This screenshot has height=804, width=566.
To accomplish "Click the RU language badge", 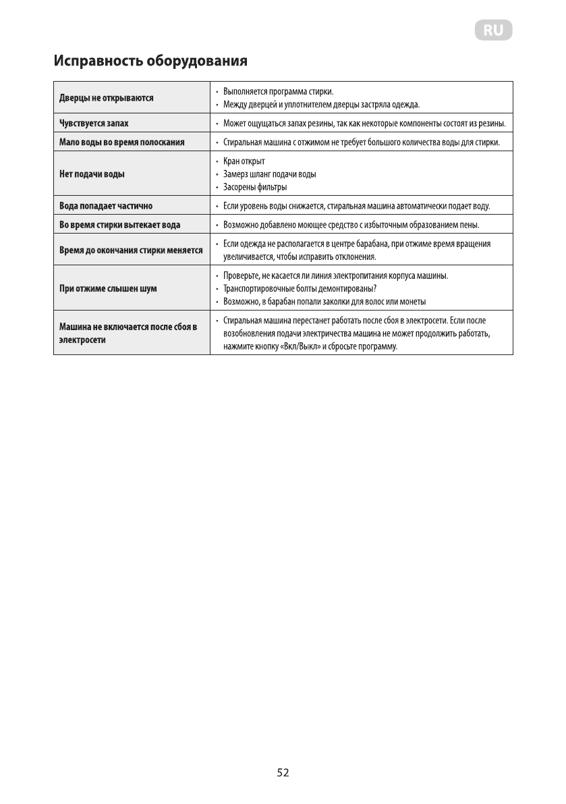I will point(494,30).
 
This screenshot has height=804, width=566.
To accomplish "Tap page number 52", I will point(283,772).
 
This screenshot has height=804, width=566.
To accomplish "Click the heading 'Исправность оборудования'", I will point(150,61).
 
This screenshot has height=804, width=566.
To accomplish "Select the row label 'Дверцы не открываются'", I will point(105,98).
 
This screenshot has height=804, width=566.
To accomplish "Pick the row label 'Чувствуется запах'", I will point(92,124).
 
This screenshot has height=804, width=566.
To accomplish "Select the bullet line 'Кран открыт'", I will point(244,161).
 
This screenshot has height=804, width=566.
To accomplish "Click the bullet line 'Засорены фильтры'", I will point(255,187).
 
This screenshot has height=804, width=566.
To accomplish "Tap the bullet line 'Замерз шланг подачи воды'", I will point(269,174).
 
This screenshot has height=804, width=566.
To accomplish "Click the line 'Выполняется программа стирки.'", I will point(279,91).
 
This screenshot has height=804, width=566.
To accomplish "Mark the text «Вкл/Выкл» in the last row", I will point(293,346).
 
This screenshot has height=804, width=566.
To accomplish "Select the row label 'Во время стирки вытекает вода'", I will point(119,225).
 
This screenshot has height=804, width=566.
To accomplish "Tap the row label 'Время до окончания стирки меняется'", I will point(131,250).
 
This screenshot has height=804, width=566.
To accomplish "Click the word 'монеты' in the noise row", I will point(412,302).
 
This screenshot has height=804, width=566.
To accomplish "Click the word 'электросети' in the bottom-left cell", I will point(82,340).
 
